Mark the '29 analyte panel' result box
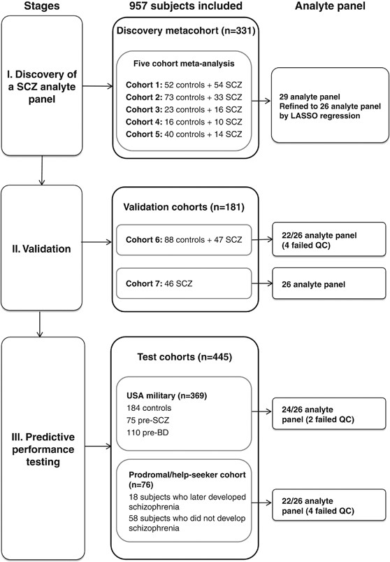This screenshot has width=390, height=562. (328, 96)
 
